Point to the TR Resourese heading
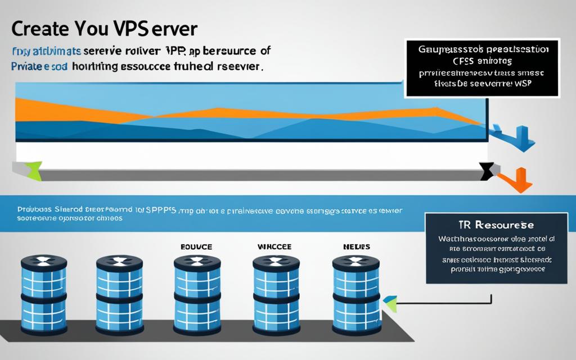[496, 225]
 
